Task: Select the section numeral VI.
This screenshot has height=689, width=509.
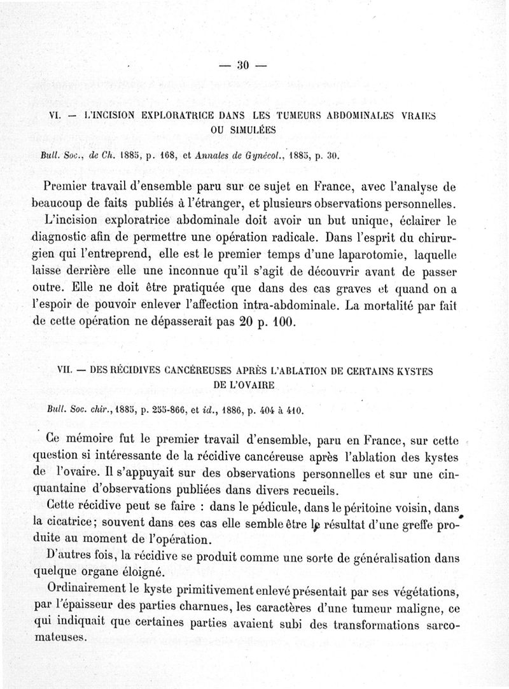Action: tap(46, 116)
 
